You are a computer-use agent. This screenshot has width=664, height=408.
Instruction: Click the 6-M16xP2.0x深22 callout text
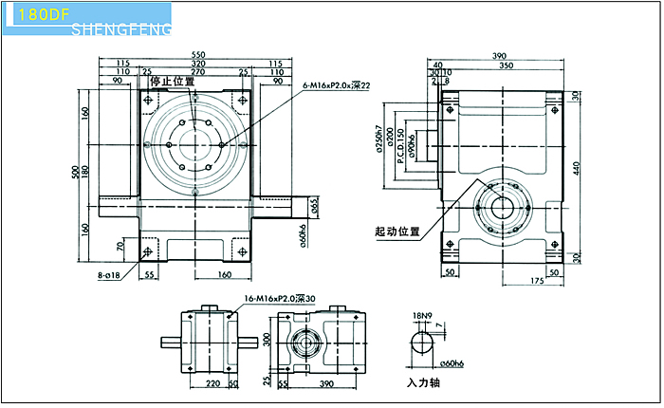coord(336,85)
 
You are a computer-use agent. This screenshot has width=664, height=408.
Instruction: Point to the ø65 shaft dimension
coord(314,206)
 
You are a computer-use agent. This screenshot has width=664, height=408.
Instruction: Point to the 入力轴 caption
coord(426,385)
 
